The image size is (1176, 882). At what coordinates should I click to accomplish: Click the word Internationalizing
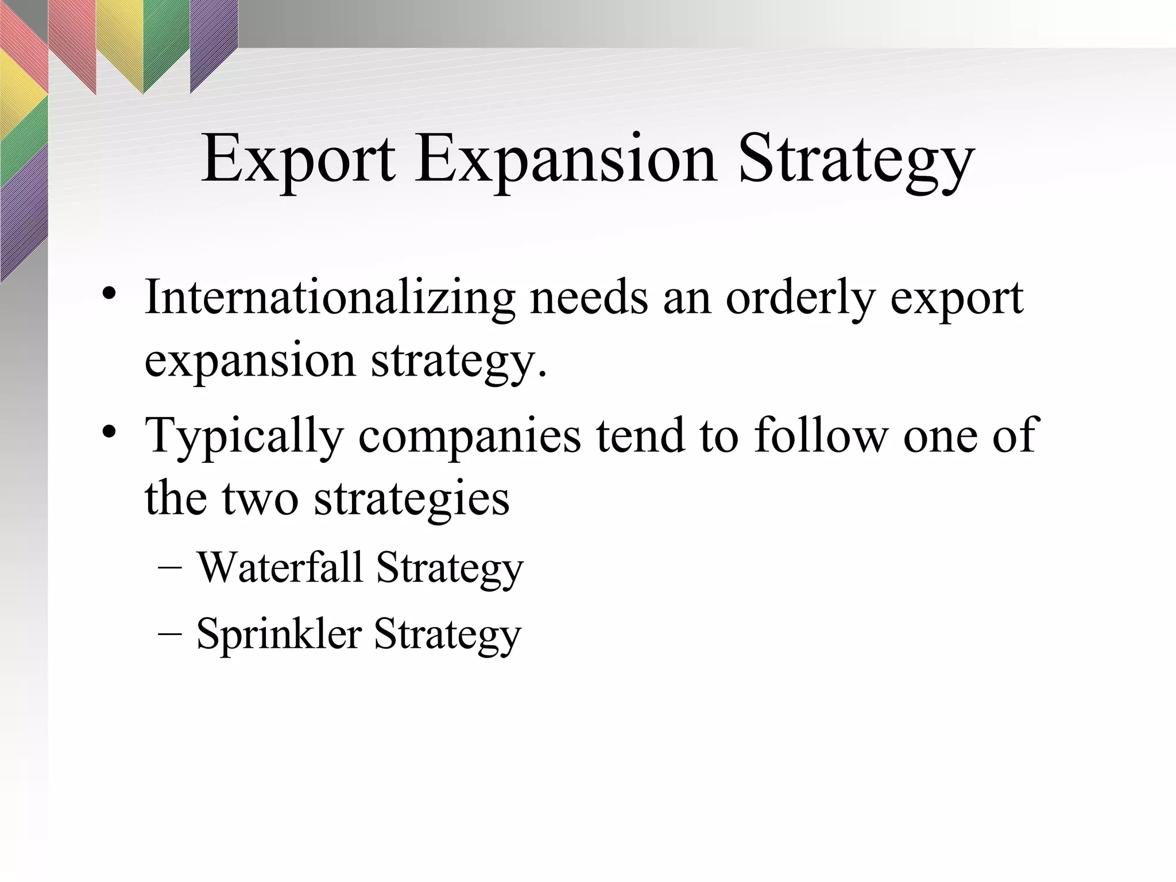[330, 298]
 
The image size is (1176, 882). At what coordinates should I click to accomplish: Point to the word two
[260, 498]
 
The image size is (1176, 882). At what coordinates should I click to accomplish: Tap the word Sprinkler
[279, 634]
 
